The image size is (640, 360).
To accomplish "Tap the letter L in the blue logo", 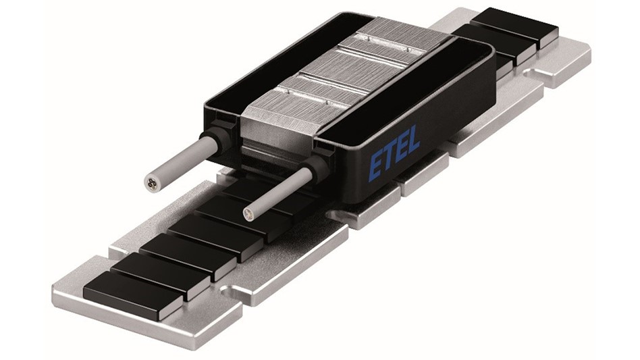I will (412, 138).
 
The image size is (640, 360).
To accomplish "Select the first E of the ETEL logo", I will (376, 160).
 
